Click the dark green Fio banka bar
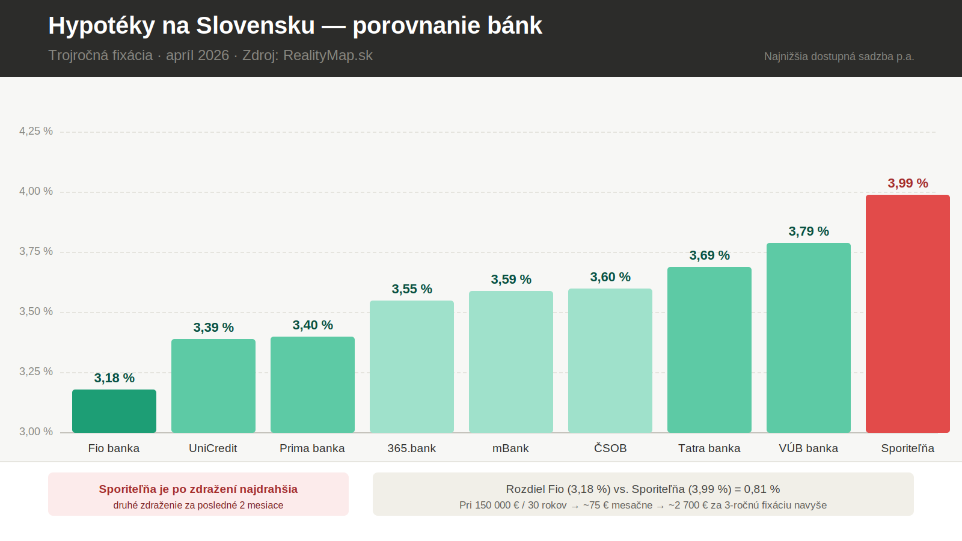coord(114,411)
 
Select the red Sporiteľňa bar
coord(907,313)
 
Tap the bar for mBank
coord(511,361)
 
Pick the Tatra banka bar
coord(709,349)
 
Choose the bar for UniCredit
coord(213,385)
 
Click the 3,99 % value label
coord(908,183)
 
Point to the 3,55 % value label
coord(412,289)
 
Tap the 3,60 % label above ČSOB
coord(610,277)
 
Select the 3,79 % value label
coord(809,231)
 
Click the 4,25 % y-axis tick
coord(36,131)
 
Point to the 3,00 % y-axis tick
coord(36,432)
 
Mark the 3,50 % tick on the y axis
coord(36,311)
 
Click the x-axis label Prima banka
coord(312,448)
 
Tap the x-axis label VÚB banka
coord(808,448)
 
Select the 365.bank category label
coord(411,448)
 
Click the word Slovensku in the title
coord(256,26)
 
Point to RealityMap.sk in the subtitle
coord(328,55)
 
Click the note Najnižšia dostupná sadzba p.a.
coord(839,57)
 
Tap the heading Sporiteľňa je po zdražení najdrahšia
coord(198,489)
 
